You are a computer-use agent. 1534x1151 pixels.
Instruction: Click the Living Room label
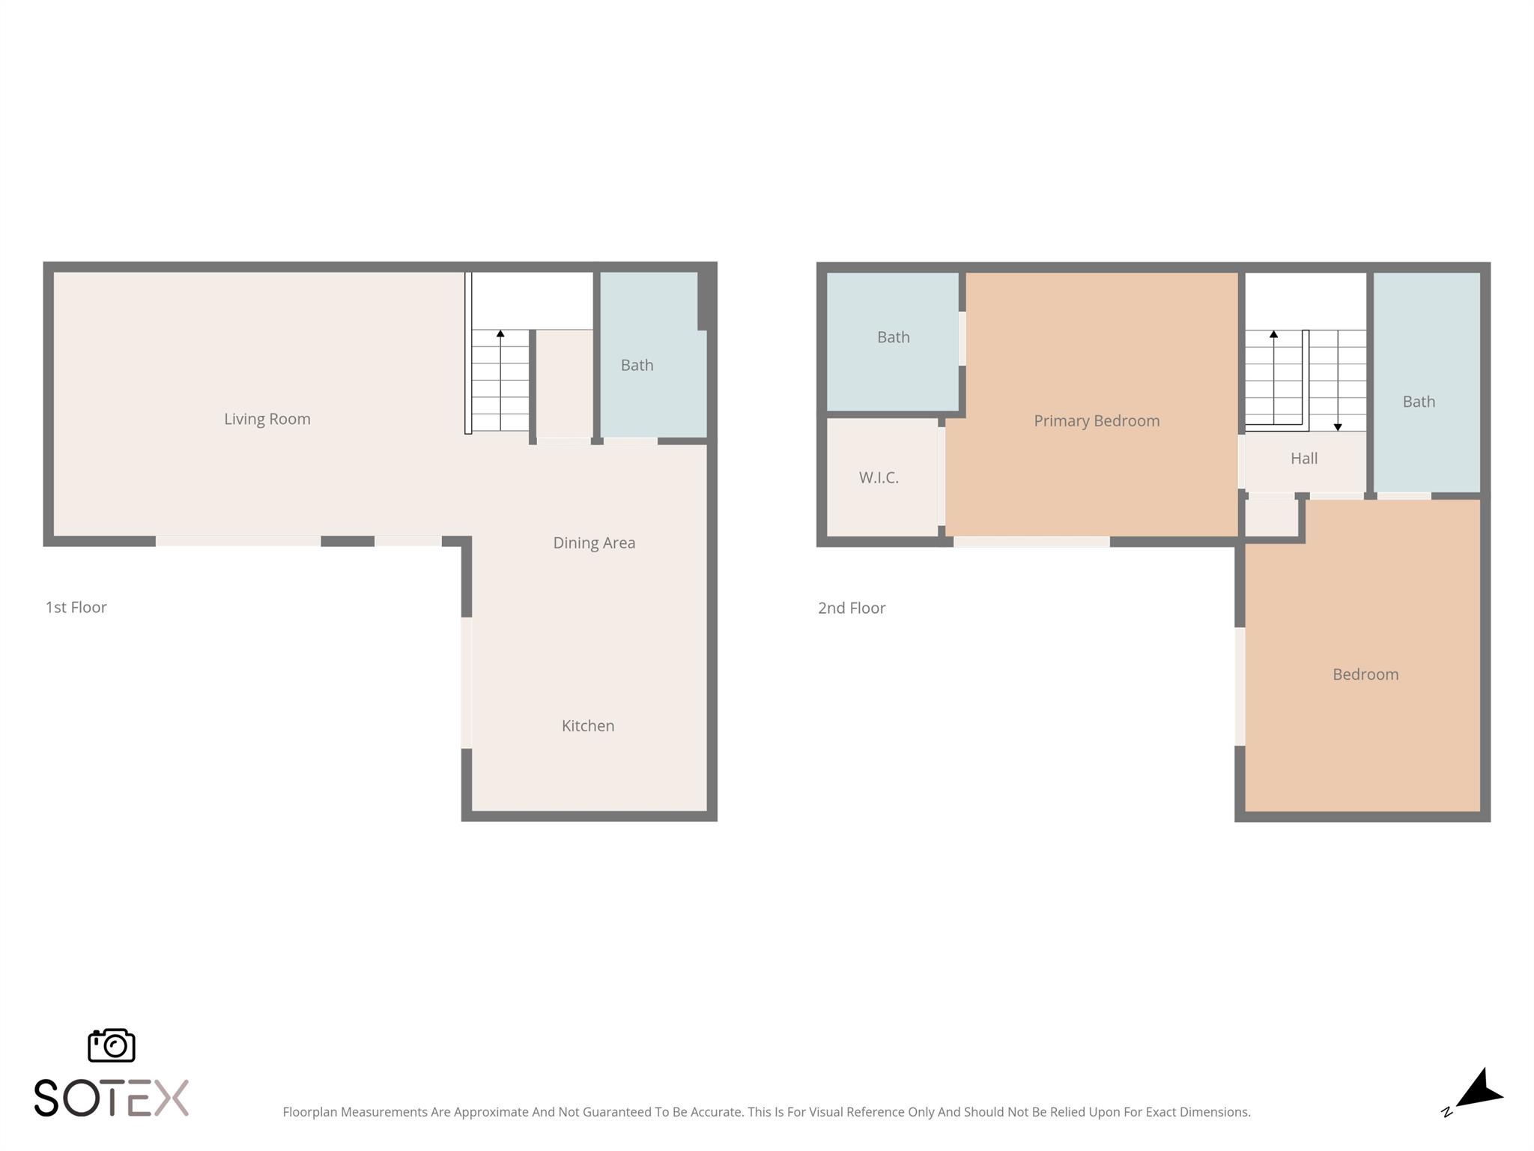click(267, 419)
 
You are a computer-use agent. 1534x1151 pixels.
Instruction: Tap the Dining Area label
click(594, 543)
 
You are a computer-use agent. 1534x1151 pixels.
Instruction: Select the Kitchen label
click(588, 725)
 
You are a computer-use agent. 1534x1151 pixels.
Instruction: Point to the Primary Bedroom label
click(1097, 421)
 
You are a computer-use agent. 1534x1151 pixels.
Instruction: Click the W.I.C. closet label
click(879, 477)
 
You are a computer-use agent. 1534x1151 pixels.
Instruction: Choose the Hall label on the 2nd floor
click(1304, 459)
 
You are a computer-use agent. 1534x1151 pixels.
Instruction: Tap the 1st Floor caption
click(76, 607)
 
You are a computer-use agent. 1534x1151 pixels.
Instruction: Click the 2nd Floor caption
click(852, 608)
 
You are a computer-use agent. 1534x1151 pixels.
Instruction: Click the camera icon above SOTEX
click(112, 1045)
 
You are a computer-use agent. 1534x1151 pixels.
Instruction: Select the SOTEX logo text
click(112, 1098)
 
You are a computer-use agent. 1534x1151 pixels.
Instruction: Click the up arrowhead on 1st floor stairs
click(500, 333)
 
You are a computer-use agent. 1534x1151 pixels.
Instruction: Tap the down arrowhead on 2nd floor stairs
click(1338, 427)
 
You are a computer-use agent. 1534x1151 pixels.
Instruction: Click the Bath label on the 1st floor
click(637, 365)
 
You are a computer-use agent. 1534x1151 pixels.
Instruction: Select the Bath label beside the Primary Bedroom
click(894, 337)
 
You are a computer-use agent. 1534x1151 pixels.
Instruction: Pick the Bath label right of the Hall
click(1419, 402)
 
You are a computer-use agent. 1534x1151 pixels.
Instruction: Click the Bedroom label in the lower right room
click(1365, 674)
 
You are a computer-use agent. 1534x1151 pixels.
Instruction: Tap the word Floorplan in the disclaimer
click(310, 1112)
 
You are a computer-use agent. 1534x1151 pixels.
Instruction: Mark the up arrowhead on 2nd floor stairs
click(1273, 334)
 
